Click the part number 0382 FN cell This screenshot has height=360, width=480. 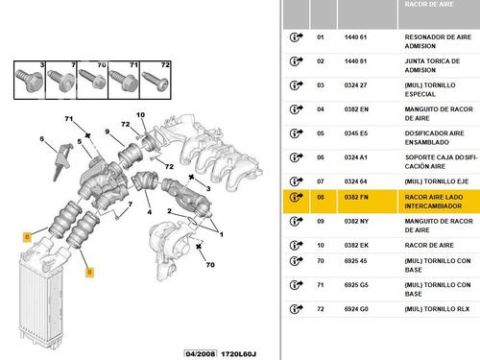(x=356, y=198)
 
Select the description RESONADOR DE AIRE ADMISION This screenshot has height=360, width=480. (x=438, y=41)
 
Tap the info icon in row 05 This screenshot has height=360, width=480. (x=296, y=133)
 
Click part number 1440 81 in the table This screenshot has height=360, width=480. (x=355, y=61)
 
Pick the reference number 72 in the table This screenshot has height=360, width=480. (x=321, y=309)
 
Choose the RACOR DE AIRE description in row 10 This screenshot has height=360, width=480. (x=429, y=246)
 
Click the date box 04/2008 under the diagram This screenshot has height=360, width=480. (x=201, y=354)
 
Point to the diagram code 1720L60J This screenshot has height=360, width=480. (x=238, y=354)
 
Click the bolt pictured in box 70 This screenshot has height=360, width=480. (x=92, y=80)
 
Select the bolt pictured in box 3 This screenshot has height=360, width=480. (x=29, y=81)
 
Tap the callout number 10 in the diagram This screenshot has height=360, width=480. (x=140, y=115)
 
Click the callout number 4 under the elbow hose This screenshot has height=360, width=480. (x=149, y=212)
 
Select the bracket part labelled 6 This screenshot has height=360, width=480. (x=62, y=161)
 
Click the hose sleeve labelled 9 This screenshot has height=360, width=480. (x=130, y=156)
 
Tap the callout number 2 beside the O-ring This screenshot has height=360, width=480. (x=169, y=211)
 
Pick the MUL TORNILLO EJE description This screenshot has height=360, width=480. (x=437, y=181)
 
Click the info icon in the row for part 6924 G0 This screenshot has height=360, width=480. (x=296, y=309)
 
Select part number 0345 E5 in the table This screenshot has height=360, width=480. (x=356, y=133)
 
